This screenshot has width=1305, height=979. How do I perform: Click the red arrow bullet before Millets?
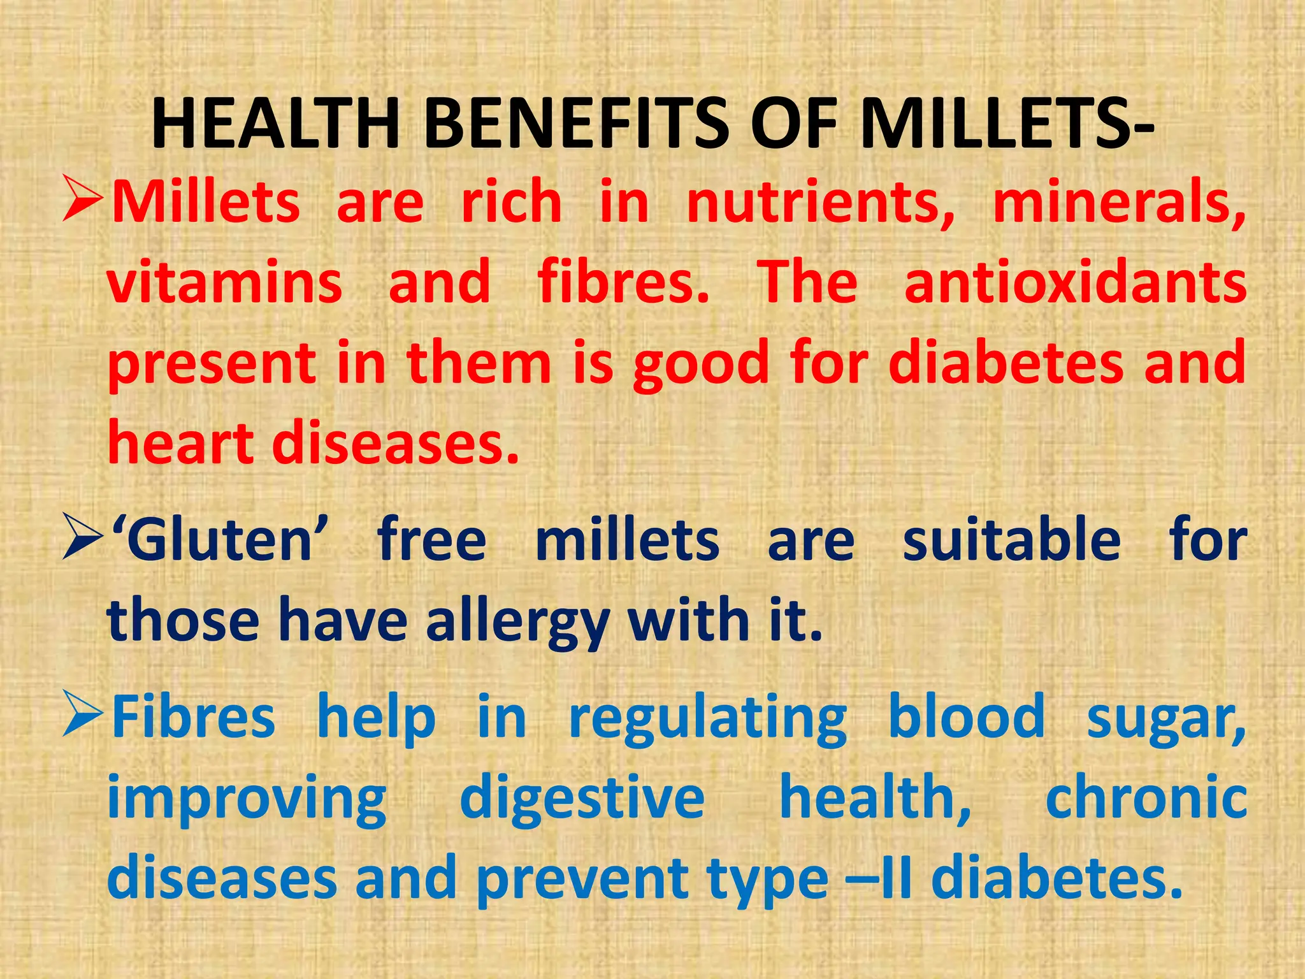tap(83, 201)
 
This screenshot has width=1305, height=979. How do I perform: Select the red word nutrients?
tap(821, 203)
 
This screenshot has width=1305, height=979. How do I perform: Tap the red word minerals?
tap(1119, 203)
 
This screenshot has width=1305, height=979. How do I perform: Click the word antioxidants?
tap(1075, 282)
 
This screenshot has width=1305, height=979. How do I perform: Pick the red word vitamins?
tap(225, 282)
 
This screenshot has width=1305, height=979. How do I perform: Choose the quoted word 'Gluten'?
tap(220, 540)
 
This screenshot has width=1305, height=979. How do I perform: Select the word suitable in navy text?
tap(1011, 540)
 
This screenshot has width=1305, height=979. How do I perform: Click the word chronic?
tap(1146, 798)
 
